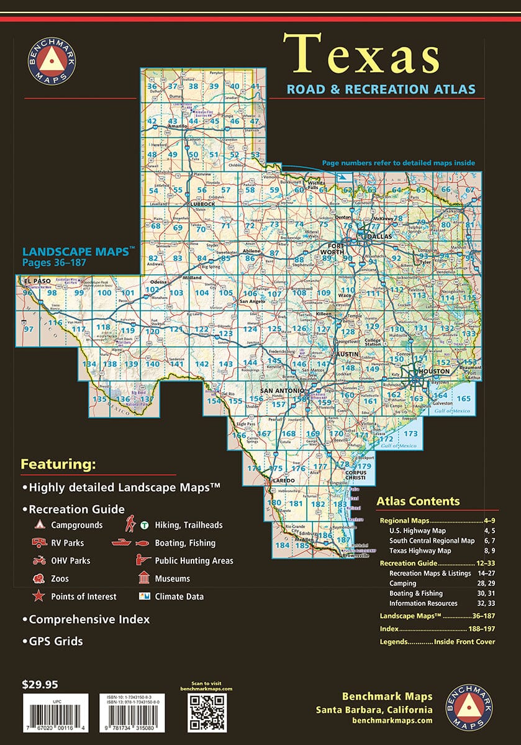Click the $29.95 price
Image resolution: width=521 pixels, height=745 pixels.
click(x=40, y=685)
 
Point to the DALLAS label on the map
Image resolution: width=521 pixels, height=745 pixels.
click(x=379, y=237)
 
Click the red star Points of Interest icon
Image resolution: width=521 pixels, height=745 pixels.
click(x=38, y=597)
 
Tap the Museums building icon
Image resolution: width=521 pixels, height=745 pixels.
click(x=143, y=579)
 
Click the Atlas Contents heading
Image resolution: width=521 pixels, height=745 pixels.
click(x=418, y=502)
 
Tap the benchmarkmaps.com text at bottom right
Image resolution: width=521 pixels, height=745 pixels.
click(x=391, y=721)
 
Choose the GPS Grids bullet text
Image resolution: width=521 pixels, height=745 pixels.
click(x=55, y=641)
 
